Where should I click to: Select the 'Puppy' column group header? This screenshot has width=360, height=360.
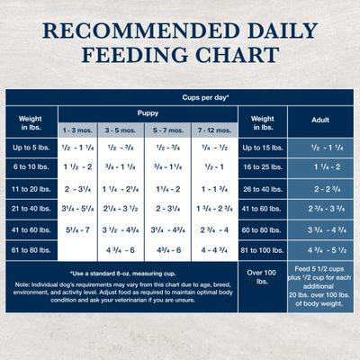[148, 112]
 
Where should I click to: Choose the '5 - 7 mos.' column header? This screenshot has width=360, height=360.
[167, 130]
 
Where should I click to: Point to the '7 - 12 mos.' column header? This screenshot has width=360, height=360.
[214, 130]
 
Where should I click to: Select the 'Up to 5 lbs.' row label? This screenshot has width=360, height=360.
[31, 147]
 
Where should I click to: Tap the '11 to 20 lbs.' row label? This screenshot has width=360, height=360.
[31, 188]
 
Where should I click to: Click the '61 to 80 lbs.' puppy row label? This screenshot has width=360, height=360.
[31, 250]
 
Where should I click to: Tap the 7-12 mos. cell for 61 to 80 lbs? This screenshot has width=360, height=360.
[214, 250]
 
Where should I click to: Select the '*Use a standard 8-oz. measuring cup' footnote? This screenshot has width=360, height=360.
[121, 273]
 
